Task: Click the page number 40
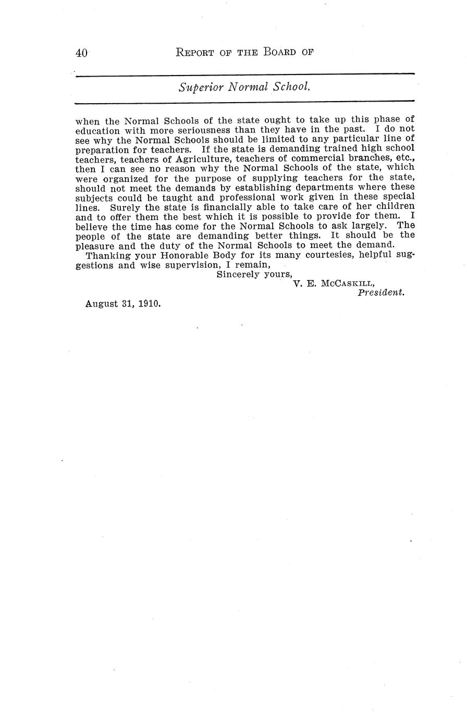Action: pos(81,53)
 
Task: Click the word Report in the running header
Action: pos(195,52)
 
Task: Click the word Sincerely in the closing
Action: pos(238,275)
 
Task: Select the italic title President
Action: pos(381,293)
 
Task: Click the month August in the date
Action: pos(102,303)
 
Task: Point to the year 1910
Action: pos(149,303)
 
